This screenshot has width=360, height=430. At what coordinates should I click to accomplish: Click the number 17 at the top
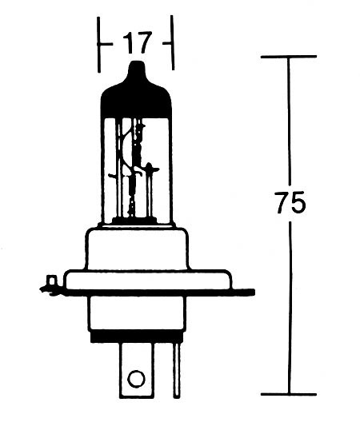click(136, 41)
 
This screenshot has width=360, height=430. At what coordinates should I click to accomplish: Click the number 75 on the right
click(290, 203)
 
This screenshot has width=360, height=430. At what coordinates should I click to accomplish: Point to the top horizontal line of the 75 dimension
click(289, 58)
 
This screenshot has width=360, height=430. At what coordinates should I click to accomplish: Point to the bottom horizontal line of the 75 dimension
click(289, 393)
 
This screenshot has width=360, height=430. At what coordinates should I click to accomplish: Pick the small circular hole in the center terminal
click(136, 377)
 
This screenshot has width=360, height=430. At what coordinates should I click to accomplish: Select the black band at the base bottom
click(136, 337)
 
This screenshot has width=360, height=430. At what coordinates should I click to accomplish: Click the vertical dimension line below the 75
click(289, 312)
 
